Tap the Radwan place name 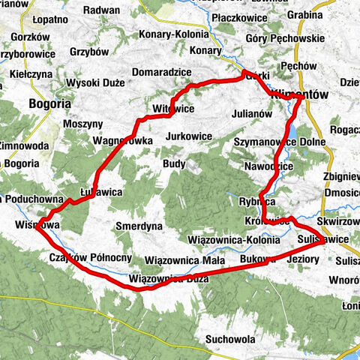tap(100, 10)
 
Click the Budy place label tap(173, 163)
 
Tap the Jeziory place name tap(304, 259)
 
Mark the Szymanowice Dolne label tap(280, 141)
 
